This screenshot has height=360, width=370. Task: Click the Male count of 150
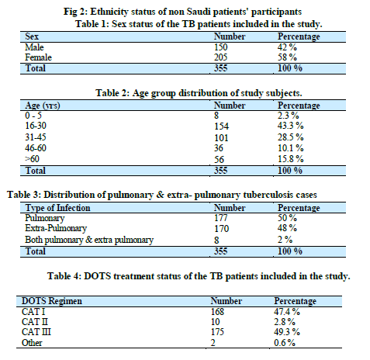[220, 47]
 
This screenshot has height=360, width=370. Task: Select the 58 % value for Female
[287, 57]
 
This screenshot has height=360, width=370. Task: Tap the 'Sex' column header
[32, 36]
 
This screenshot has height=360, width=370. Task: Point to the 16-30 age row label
[36, 126]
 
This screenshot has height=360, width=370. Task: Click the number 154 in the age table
[221, 126]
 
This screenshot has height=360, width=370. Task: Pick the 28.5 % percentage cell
[290, 137]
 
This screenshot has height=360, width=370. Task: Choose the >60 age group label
[32, 158]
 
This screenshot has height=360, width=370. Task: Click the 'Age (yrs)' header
[43, 106]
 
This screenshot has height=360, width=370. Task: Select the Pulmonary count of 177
[220, 218]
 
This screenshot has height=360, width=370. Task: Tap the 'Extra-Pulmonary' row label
[56, 228]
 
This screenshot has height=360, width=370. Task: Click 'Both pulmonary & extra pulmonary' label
[89, 240]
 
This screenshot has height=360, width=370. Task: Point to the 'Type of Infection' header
[57, 208]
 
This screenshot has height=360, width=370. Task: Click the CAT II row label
[35, 322]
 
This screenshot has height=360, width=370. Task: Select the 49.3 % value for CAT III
[287, 332]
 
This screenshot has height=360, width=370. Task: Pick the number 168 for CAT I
[217, 312]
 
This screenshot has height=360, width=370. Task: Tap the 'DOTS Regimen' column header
[52, 301]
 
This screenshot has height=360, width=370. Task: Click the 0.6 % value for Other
[285, 343]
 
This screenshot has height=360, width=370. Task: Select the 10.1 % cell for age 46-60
[290, 148]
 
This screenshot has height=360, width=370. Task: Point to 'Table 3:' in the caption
[24, 195]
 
